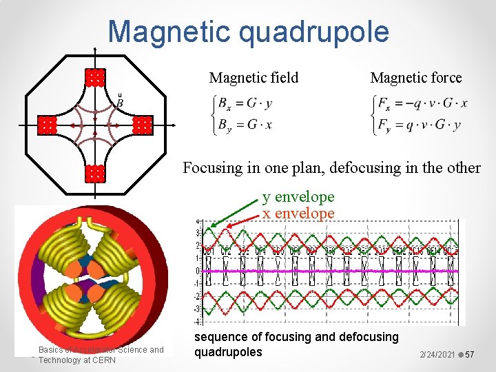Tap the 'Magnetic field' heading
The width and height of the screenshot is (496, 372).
254,78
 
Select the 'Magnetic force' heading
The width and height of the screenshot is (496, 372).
416,78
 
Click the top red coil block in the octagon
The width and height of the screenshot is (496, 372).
94,77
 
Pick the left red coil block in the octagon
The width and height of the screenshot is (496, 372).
46,125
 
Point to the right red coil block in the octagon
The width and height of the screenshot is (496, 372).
142,125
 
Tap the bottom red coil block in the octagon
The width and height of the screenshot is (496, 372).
94,173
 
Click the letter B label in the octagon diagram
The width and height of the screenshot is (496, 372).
120,103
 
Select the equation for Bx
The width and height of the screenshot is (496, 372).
245,104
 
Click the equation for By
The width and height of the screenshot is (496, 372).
245,125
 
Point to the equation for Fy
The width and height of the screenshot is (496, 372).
417,125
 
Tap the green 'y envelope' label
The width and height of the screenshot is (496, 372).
298,198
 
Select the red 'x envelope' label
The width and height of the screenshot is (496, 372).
298,213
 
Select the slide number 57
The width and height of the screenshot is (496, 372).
471,354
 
